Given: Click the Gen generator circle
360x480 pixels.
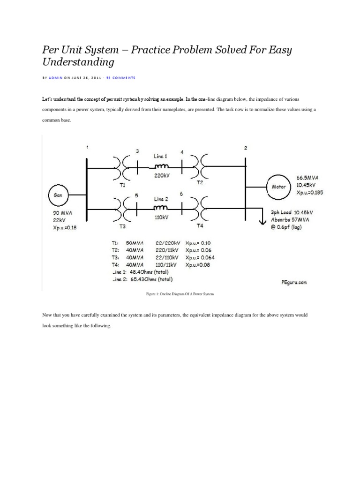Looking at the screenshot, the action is [57, 194].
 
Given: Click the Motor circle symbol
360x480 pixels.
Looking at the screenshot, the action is [279, 186].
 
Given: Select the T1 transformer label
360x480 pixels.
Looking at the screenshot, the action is [122, 185].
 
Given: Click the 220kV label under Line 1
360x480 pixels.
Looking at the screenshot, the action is [161, 177].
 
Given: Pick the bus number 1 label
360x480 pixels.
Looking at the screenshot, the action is [87, 148].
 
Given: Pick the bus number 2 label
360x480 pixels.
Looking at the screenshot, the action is [246, 148].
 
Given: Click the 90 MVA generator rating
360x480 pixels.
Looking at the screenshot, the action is [61, 212].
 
